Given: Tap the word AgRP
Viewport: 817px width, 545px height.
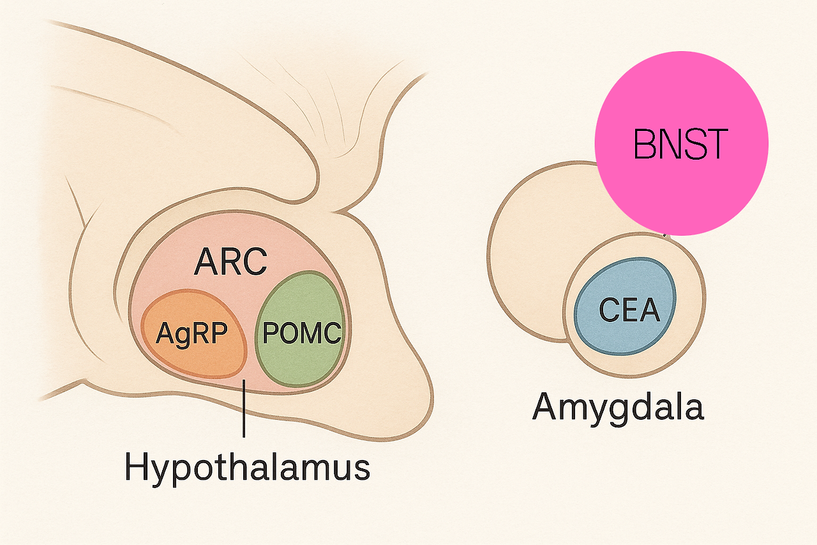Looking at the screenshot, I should click(192, 333).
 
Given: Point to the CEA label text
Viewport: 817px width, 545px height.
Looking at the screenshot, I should click(629, 311).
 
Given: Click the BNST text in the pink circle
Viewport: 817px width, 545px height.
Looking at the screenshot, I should click(680, 144).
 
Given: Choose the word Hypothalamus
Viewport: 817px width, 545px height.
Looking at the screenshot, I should click(248, 467).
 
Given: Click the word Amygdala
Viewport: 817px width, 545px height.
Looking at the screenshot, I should click(618, 407).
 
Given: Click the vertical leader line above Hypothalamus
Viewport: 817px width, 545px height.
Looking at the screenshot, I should click(244, 409).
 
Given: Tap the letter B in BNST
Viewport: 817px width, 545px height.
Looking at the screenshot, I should click(645, 144).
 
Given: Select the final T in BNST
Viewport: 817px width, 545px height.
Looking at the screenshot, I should click(716, 144).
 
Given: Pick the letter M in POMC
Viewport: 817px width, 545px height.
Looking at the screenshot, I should click(311, 334).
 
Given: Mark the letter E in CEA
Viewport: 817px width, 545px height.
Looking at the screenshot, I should click(630, 311).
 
